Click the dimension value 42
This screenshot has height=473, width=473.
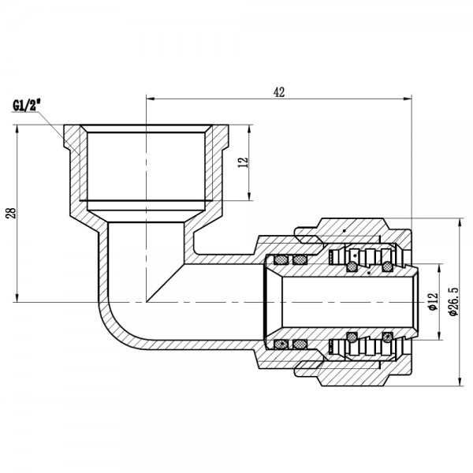coord(279,91)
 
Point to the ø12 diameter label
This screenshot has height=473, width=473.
coord(431,302)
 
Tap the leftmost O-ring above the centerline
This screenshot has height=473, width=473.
coord(280,259)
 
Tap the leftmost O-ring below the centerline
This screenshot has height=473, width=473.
coord(280,344)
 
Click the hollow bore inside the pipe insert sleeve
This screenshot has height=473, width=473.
coord(339,302)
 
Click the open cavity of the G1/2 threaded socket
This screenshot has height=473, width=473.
coord(146,166)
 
